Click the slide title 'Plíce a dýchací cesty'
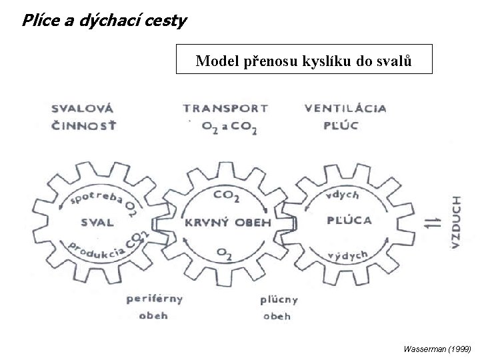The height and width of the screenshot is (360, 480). click(x=104, y=21)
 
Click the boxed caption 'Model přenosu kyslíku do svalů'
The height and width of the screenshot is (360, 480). click(x=304, y=62)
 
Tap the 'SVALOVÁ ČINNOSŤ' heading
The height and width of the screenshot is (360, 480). click(x=83, y=116)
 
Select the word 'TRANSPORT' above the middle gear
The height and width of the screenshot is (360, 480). click(x=225, y=108)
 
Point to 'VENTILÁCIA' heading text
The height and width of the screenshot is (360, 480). click(x=345, y=108)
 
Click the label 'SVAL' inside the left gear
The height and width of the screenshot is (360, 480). click(x=97, y=222)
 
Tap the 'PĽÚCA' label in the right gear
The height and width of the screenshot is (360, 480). click(x=350, y=221)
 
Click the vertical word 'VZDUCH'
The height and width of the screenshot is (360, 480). click(x=457, y=222)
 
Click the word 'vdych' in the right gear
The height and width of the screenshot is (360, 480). click(x=343, y=195)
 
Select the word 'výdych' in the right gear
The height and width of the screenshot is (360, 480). click(x=347, y=255)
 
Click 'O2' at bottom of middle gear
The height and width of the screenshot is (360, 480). click(x=224, y=253)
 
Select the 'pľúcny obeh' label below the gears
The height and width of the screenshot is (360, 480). click(x=278, y=307)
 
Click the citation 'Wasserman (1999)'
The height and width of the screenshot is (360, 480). click(x=437, y=349)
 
